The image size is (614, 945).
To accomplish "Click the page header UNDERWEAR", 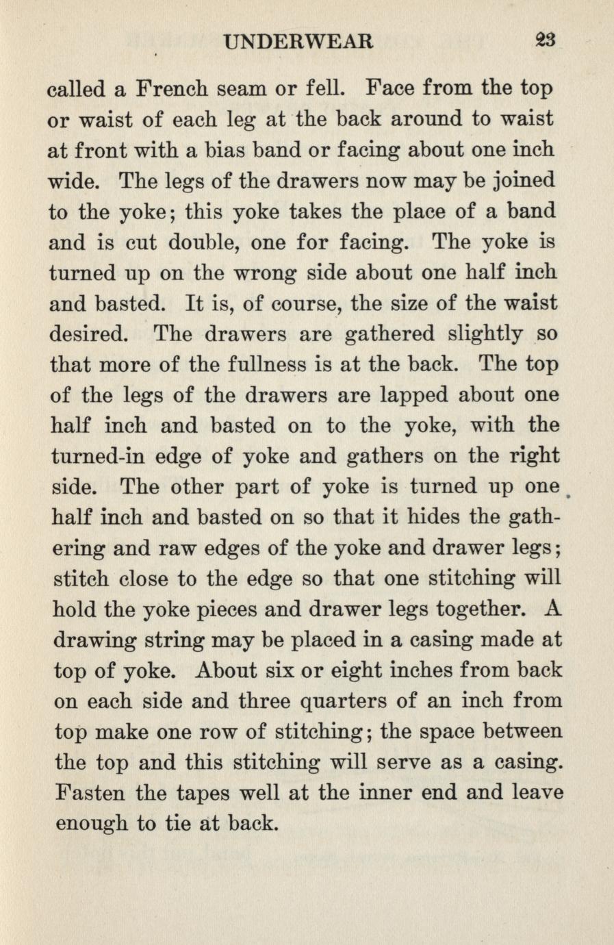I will tap(299, 42).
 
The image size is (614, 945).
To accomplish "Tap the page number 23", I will tap(545, 40).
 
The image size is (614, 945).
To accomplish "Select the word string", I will tap(179, 640).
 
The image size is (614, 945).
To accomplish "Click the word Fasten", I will tap(89, 792).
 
